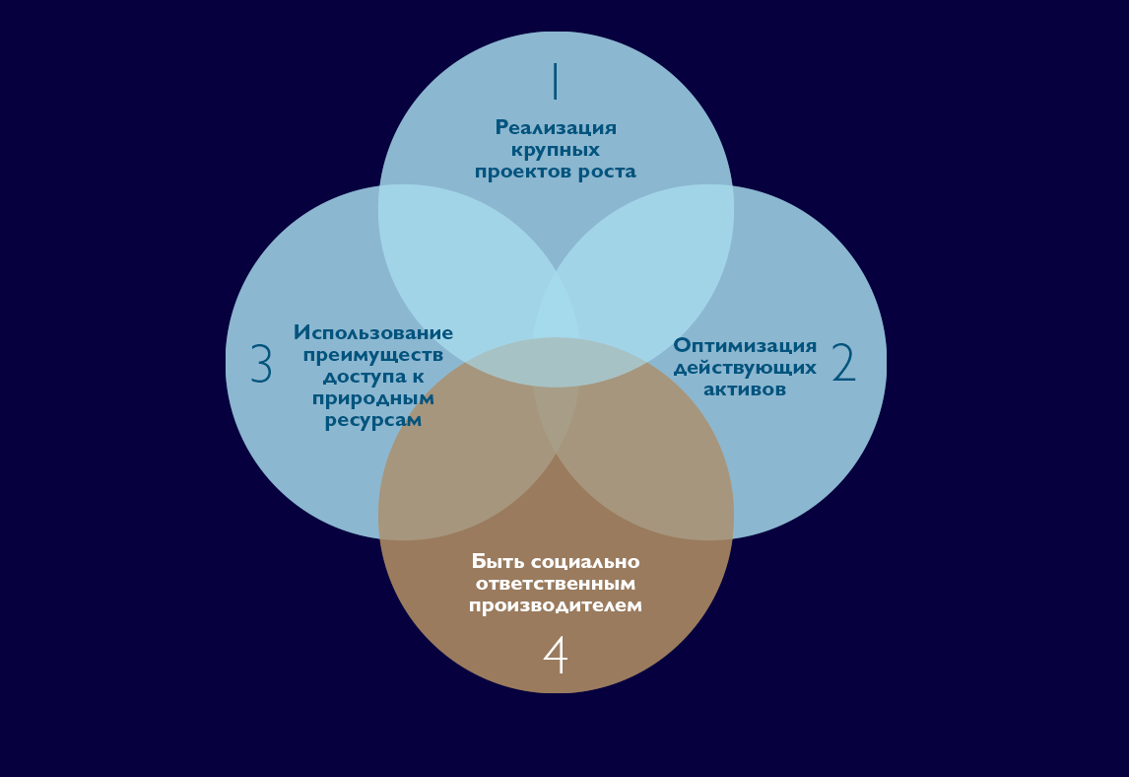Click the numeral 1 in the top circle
coord(555,81)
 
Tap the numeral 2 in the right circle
coord(844,363)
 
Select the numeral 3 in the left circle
coord(261,364)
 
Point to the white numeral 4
coord(556,655)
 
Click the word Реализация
coord(556,127)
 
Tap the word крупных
coord(555,150)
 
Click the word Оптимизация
coord(745,345)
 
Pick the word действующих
coord(745,367)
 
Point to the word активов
coord(744,388)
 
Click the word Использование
coord(373,332)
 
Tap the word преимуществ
coord(373,355)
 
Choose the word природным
coord(373,398)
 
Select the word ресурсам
coord(373,420)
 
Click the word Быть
coord(498,562)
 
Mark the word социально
coord(585,562)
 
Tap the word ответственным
coord(556,584)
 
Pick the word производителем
coord(556,605)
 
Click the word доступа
coord(357,377)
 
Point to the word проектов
coord(522,172)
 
